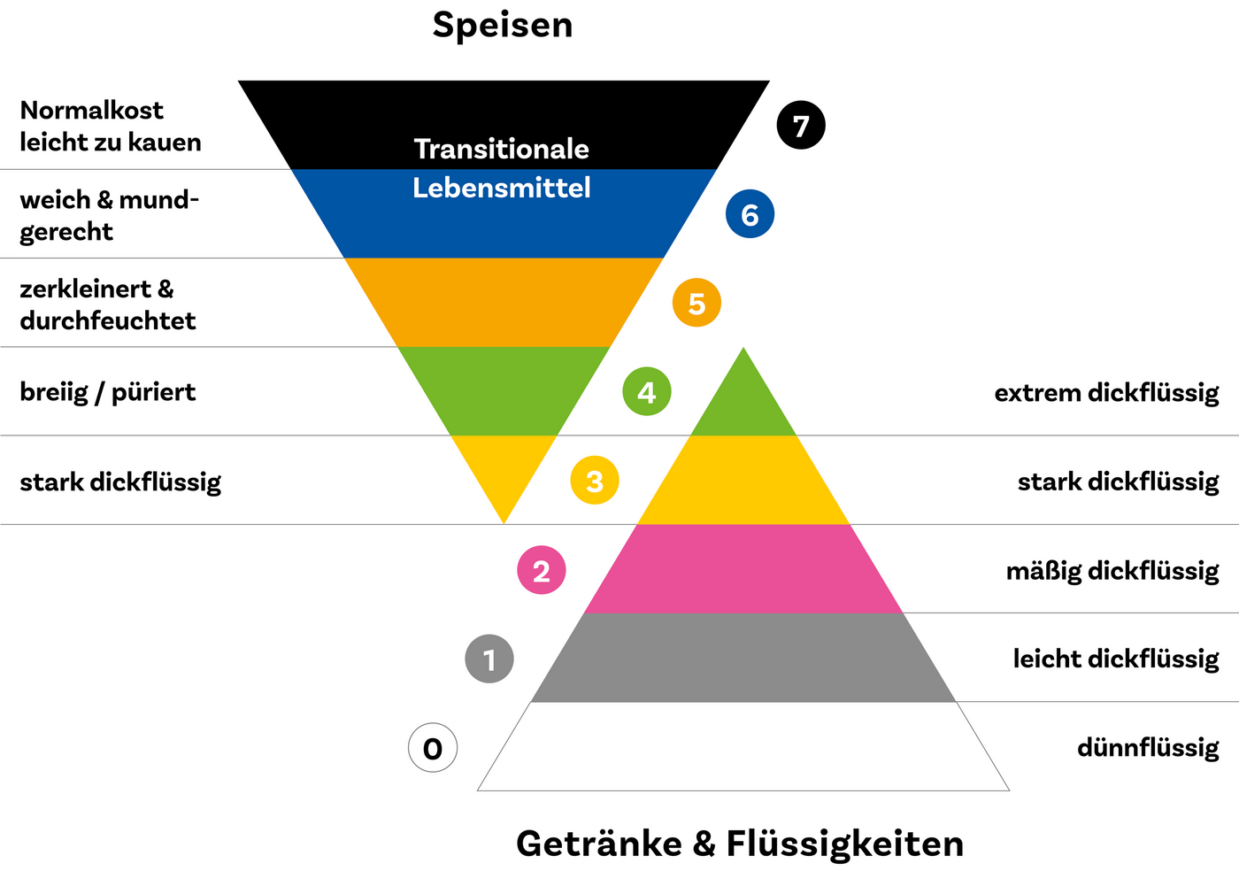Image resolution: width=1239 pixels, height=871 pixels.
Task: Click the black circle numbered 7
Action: point(801,126)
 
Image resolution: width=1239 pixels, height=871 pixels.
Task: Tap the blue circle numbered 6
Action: point(750,214)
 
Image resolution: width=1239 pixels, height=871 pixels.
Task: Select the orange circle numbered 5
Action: point(696,303)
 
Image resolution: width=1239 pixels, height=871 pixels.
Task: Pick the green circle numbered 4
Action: point(646,391)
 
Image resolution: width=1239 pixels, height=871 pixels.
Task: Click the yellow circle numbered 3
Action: point(595,481)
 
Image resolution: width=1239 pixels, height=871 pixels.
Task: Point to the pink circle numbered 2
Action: point(542,570)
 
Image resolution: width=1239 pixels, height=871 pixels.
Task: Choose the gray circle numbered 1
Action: point(489,659)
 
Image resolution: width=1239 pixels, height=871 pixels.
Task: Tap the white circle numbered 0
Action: point(433,748)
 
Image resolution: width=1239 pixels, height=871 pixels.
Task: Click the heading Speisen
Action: point(503,25)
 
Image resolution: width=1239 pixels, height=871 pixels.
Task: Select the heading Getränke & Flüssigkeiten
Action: point(740,844)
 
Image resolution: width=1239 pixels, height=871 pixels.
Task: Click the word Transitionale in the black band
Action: point(502,149)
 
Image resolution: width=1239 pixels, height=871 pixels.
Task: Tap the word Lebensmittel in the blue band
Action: point(502,188)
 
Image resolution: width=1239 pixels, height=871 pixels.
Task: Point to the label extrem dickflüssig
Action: point(1106,392)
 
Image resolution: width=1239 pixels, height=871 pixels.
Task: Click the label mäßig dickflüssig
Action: point(1112,570)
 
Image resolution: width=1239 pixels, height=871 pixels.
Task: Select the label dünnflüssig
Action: point(1148,748)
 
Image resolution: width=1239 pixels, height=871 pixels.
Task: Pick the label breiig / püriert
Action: point(108,392)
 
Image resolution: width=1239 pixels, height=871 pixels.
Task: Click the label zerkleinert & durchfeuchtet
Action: point(108,304)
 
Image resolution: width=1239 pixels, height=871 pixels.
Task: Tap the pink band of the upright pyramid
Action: point(743,568)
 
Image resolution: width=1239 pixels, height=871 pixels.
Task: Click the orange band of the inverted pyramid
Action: point(503,302)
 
